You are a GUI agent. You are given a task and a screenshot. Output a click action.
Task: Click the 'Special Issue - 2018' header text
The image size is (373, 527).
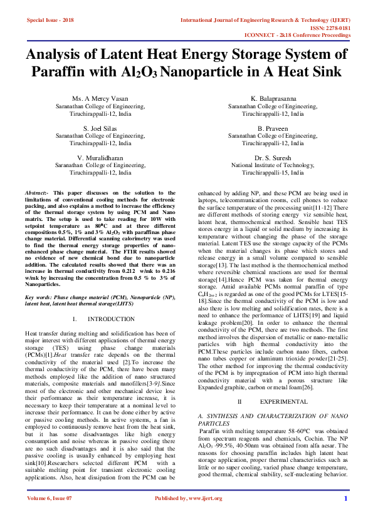click(50, 20)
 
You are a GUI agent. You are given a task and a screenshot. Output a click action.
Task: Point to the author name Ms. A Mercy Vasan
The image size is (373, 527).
click(101, 100)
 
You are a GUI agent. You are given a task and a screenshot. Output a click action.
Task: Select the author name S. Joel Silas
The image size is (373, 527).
click(101, 128)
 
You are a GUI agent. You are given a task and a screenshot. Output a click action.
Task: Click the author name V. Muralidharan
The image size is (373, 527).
click(101, 157)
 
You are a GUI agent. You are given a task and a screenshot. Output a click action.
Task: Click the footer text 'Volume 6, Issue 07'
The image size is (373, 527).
click(50, 516)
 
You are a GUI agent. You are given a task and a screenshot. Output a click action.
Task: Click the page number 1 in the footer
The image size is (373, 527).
click(345, 516)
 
